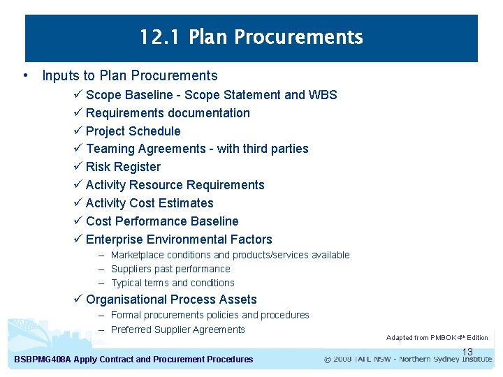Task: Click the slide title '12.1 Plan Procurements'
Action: [x=251, y=37]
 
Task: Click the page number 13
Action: [x=467, y=352]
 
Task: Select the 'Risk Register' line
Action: [x=123, y=167]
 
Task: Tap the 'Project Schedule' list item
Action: [x=133, y=131]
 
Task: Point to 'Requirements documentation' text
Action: [x=168, y=113]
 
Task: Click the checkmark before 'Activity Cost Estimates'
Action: [x=78, y=203]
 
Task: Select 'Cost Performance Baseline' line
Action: [x=162, y=221]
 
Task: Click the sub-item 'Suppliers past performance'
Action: [x=170, y=269]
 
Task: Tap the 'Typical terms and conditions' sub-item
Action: [x=173, y=283]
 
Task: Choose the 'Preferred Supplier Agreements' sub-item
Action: [x=177, y=330]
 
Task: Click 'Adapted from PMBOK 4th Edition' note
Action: [x=437, y=338]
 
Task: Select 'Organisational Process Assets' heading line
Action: [x=171, y=300]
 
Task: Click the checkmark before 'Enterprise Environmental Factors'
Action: [x=78, y=239]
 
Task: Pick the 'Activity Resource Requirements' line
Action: [x=175, y=185]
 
